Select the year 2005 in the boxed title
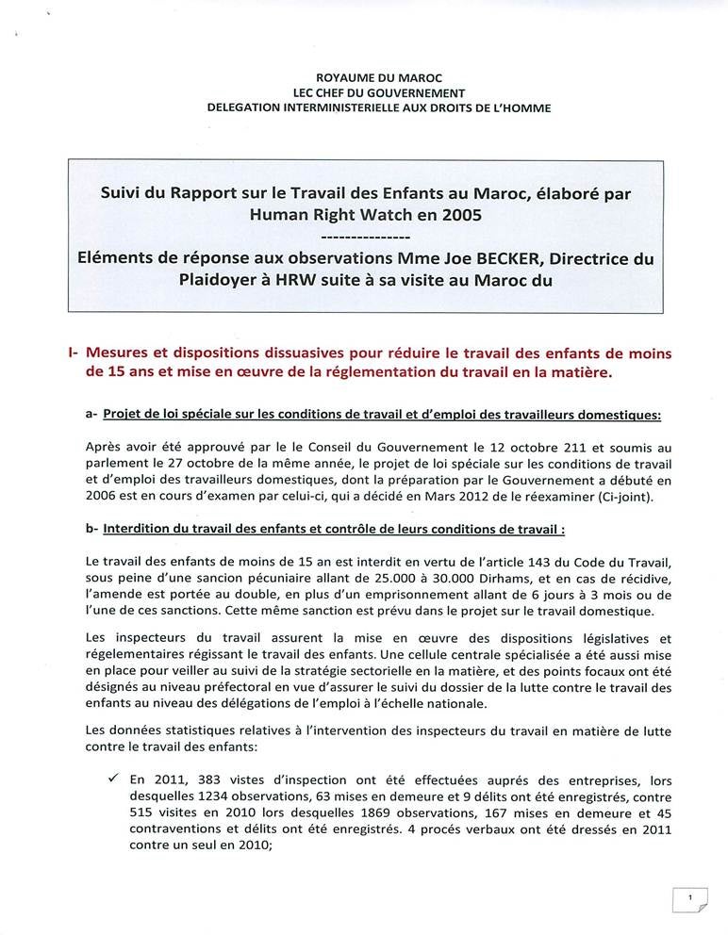click(x=459, y=213)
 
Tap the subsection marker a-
click(x=91, y=413)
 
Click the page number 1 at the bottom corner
click(x=690, y=899)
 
